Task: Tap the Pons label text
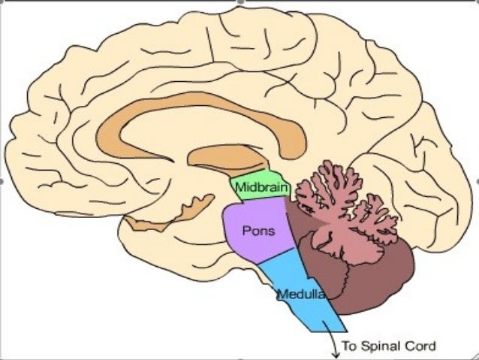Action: pos(258,231)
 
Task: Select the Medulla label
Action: pos(300,294)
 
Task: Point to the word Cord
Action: pos(420,346)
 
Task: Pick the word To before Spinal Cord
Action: pos(350,346)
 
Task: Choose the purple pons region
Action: pos(248,241)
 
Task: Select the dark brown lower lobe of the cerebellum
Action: pos(368,278)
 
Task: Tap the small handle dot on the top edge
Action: pos(239,2)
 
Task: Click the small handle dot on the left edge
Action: pos(2,180)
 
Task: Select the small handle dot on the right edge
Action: pos(477,180)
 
